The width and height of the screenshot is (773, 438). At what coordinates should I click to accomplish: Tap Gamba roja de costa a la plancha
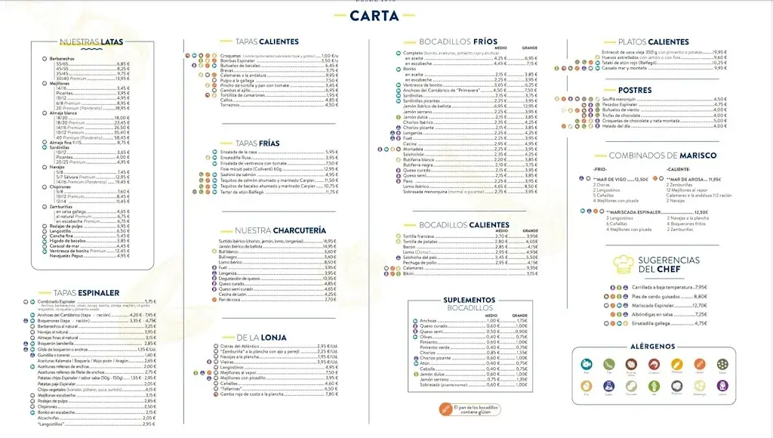(x=256, y=394)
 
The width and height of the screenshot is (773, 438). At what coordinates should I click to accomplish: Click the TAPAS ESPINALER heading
(x=86, y=293)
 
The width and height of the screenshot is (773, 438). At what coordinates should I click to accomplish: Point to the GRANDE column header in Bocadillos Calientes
(x=530, y=230)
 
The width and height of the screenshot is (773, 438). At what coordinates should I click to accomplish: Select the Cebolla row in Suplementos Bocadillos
(x=429, y=368)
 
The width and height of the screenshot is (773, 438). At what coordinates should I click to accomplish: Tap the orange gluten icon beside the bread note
(x=445, y=409)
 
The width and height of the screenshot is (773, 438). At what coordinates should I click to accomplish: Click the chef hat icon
(x=624, y=264)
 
